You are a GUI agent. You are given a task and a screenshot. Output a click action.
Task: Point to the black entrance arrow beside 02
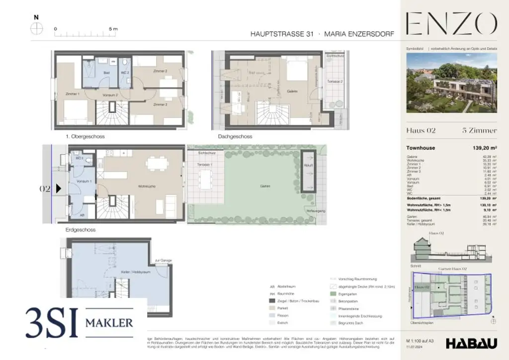[x=58, y=188]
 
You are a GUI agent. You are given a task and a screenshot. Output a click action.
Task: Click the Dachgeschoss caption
[x=235, y=136]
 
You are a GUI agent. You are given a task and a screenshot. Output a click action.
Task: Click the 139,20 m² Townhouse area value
[x=482, y=148]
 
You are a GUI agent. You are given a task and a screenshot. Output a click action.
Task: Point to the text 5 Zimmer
[x=480, y=131]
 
